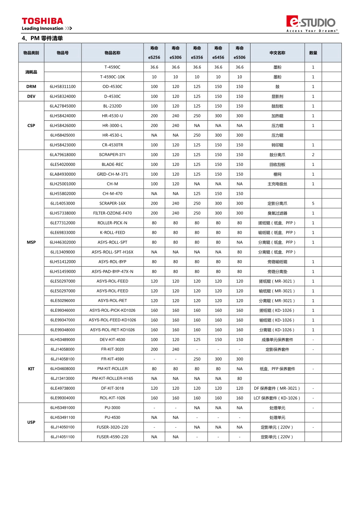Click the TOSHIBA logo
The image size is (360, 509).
coord(42,21)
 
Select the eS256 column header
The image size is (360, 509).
coord(154,58)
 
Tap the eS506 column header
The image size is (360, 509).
coord(239,58)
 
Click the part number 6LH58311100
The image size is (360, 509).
coord(63,87)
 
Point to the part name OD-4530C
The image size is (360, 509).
coord(113,87)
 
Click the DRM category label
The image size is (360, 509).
coord(31,87)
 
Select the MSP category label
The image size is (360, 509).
coord(31,242)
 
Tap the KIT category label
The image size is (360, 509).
coord(31,369)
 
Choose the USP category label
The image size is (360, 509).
coord(31,422)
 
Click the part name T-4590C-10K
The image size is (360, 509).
coord(113,77)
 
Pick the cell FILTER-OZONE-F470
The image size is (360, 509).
coord(113,213)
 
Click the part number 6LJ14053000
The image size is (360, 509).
coord(63,203)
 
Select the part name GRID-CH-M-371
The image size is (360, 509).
coord(113,174)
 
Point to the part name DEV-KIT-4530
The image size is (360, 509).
coord(113,340)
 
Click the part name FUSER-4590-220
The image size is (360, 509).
coord(113,437)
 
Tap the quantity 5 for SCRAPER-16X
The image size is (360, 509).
coord(313,203)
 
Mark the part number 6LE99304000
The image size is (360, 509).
coord(63,398)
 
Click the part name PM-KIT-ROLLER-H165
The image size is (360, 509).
coord(113,379)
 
